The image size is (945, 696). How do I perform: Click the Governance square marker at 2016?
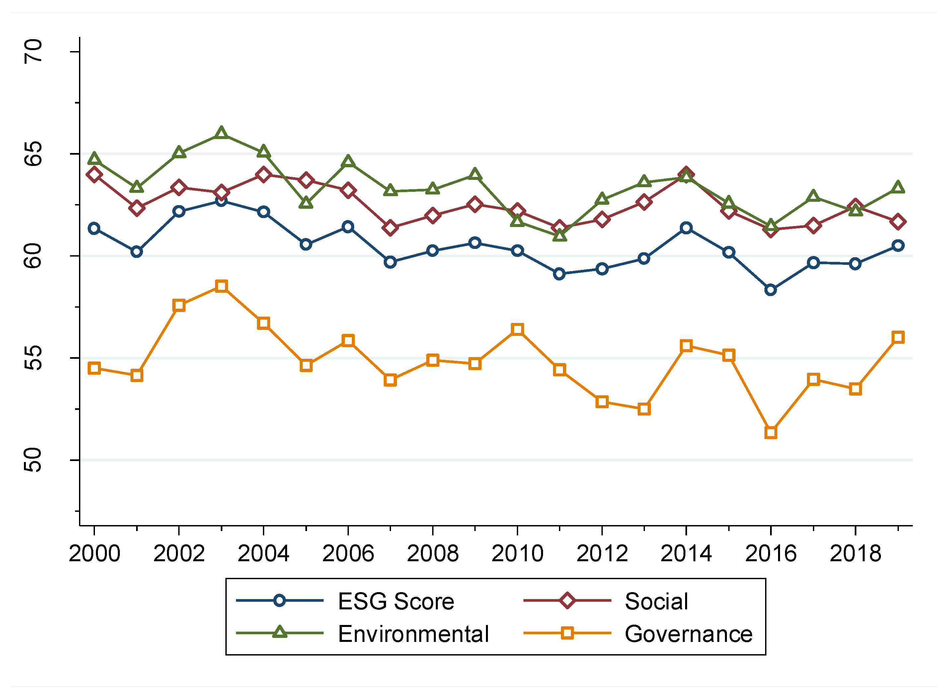tap(771, 433)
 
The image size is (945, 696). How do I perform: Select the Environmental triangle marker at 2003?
tap(221, 133)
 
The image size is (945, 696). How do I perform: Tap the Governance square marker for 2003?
tap(221, 286)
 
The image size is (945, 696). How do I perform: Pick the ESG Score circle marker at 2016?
tap(771, 290)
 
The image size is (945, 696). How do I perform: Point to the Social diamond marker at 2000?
tap(94, 175)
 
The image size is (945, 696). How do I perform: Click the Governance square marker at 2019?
tap(898, 338)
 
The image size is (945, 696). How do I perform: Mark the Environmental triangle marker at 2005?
tap(306, 203)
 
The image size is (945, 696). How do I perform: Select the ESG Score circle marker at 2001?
tap(136, 252)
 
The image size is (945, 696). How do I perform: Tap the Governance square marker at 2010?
tap(517, 329)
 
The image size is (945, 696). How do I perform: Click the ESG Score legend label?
tap(396, 601)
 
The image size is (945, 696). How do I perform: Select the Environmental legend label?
tap(413, 634)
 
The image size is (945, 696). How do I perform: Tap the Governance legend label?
tap(688, 634)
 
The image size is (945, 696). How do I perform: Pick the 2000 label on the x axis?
tap(94, 553)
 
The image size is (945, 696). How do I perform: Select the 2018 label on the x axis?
tap(855, 553)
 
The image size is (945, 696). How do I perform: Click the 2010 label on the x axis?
tap(517, 553)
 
